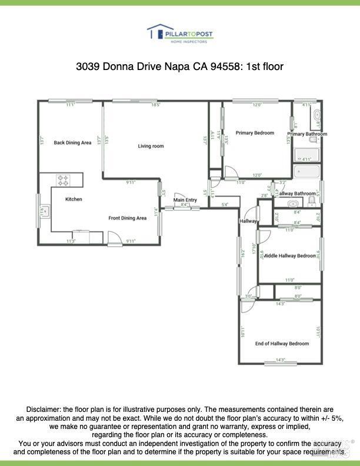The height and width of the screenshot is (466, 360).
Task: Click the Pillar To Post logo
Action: (x=179, y=34)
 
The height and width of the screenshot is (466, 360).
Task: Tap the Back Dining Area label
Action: (x=72, y=142)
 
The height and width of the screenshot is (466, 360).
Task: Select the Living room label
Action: (x=151, y=146)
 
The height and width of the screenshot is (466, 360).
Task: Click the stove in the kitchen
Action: (x=63, y=179)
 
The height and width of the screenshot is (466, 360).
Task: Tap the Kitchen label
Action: (x=74, y=199)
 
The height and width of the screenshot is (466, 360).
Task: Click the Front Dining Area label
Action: (x=127, y=218)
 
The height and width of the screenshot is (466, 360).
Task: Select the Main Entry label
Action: (x=185, y=200)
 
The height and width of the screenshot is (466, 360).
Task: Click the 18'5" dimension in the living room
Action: (x=155, y=105)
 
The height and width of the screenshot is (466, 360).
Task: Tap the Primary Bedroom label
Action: (x=255, y=133)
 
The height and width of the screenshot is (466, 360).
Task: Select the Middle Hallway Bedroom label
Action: (x=289, y=256)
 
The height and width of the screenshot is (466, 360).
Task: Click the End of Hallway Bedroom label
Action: (x=282, y=344)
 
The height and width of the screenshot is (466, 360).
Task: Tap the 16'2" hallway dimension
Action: (x=243, y=254)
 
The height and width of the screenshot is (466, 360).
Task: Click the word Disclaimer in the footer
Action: (x=43, y=409)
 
